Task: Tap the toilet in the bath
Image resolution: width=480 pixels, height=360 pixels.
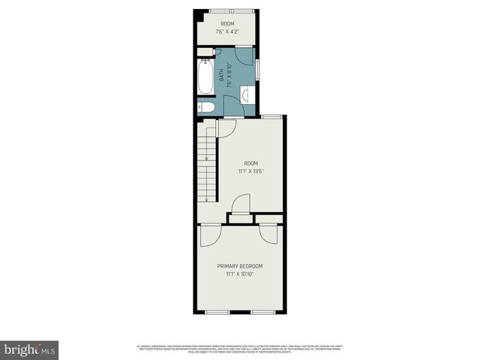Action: pyautogui.click(x=208, y=108)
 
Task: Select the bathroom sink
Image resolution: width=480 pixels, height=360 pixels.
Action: pyautogui.click(x=246, y=94)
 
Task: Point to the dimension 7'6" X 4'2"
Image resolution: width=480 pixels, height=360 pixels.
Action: pyautogui.click(x=227, y=32)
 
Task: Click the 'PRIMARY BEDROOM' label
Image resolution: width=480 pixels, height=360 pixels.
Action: pyautogui.click(x=240, y=266)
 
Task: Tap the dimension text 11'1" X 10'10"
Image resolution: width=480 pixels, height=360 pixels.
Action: pyautogui.click(x=240, y=274)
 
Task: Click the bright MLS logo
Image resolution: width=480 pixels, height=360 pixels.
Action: pyautogui.click(x=31, y=349)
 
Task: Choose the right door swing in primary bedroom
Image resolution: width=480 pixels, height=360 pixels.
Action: pyautogui.click(x=268, y=234)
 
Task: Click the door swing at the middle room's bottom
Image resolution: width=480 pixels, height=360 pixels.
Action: pyautogui.click(x=241, y=204)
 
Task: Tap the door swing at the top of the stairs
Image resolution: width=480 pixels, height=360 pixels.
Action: pyautogui.click(x=227, y=127)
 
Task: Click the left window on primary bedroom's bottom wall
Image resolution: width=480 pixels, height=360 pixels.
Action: pyautogui.click(x=218, y=310)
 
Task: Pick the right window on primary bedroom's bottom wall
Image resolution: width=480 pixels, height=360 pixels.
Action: pyautogui.click(x=262, y=310)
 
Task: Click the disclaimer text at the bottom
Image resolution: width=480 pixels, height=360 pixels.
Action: pyautogui.click(x=240, y=348)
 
